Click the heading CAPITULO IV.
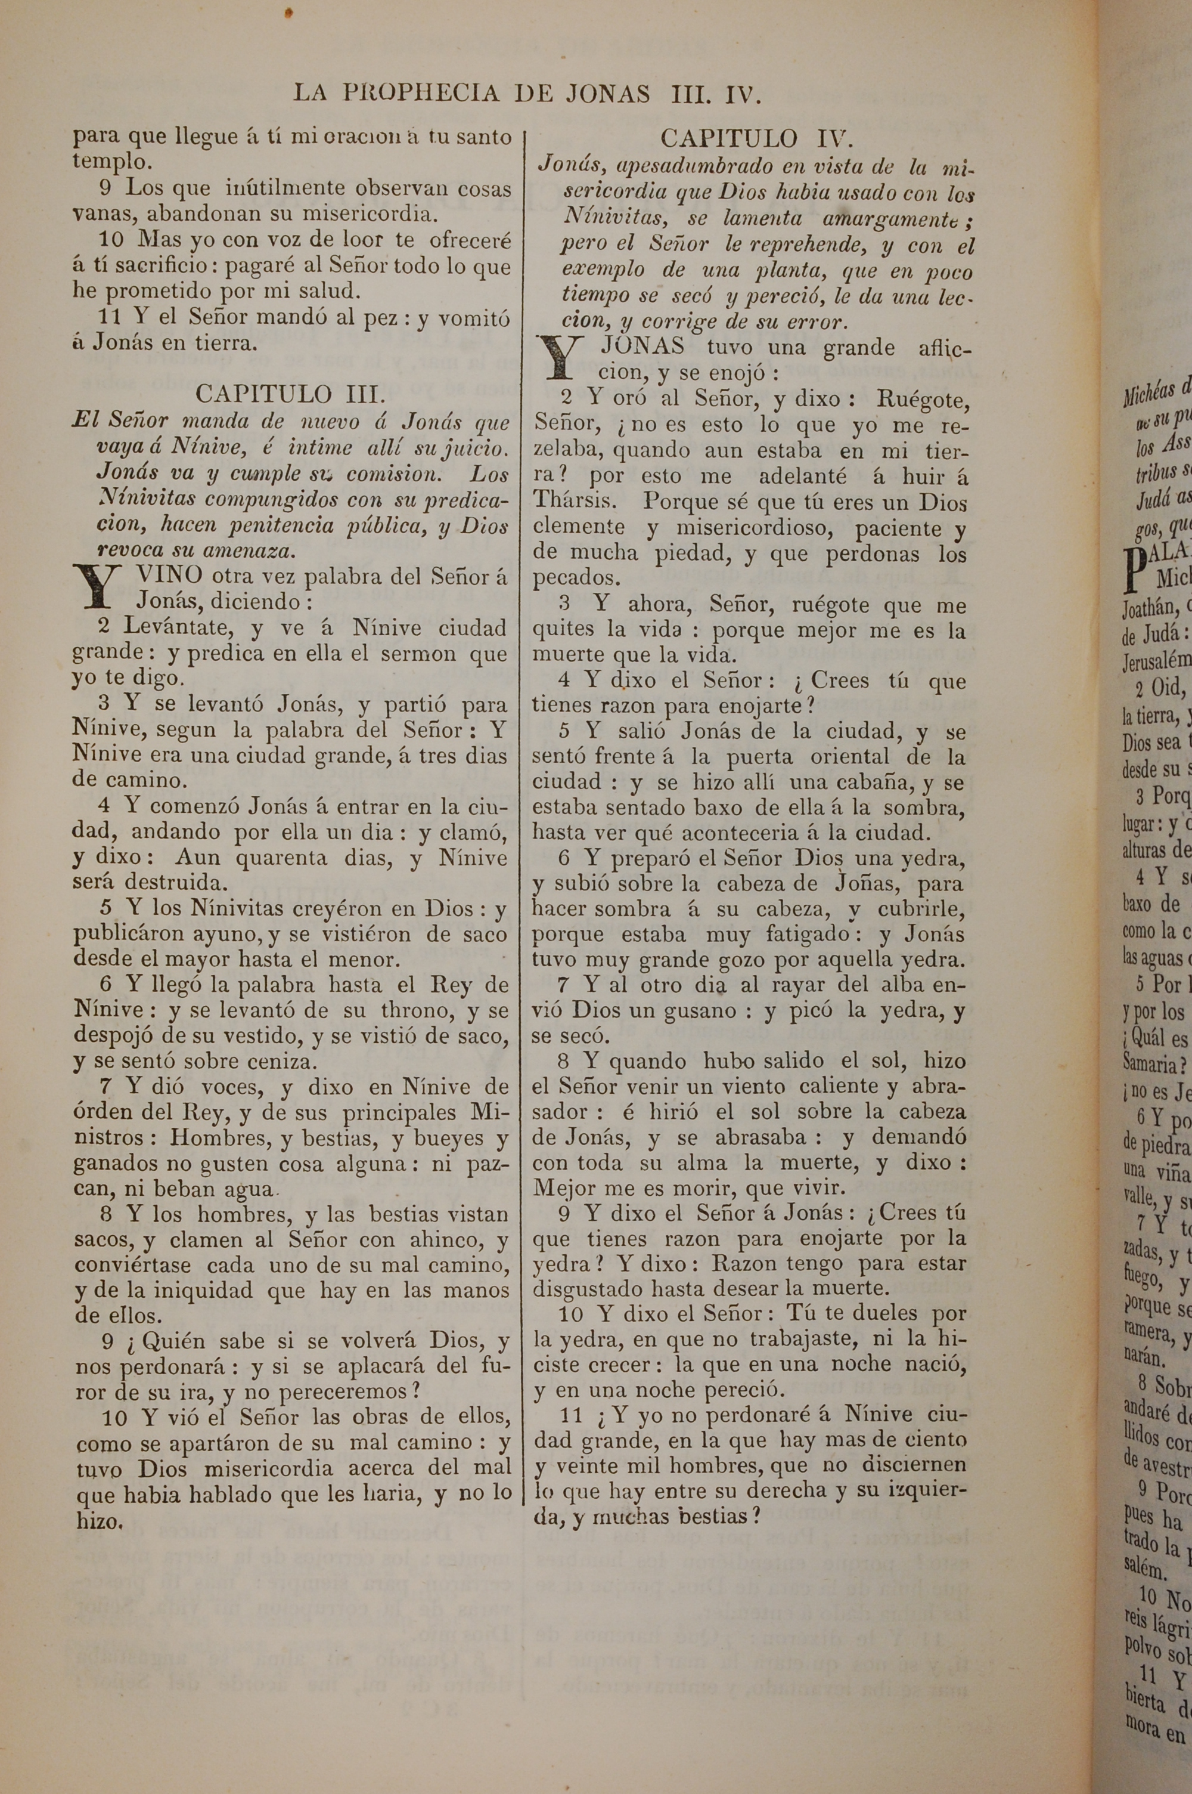pyautogui.click(x=757, y=138)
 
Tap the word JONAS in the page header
pyautogui.click(x=607, y=94)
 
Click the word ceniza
pyautogui.click(x=281, y=1062)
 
